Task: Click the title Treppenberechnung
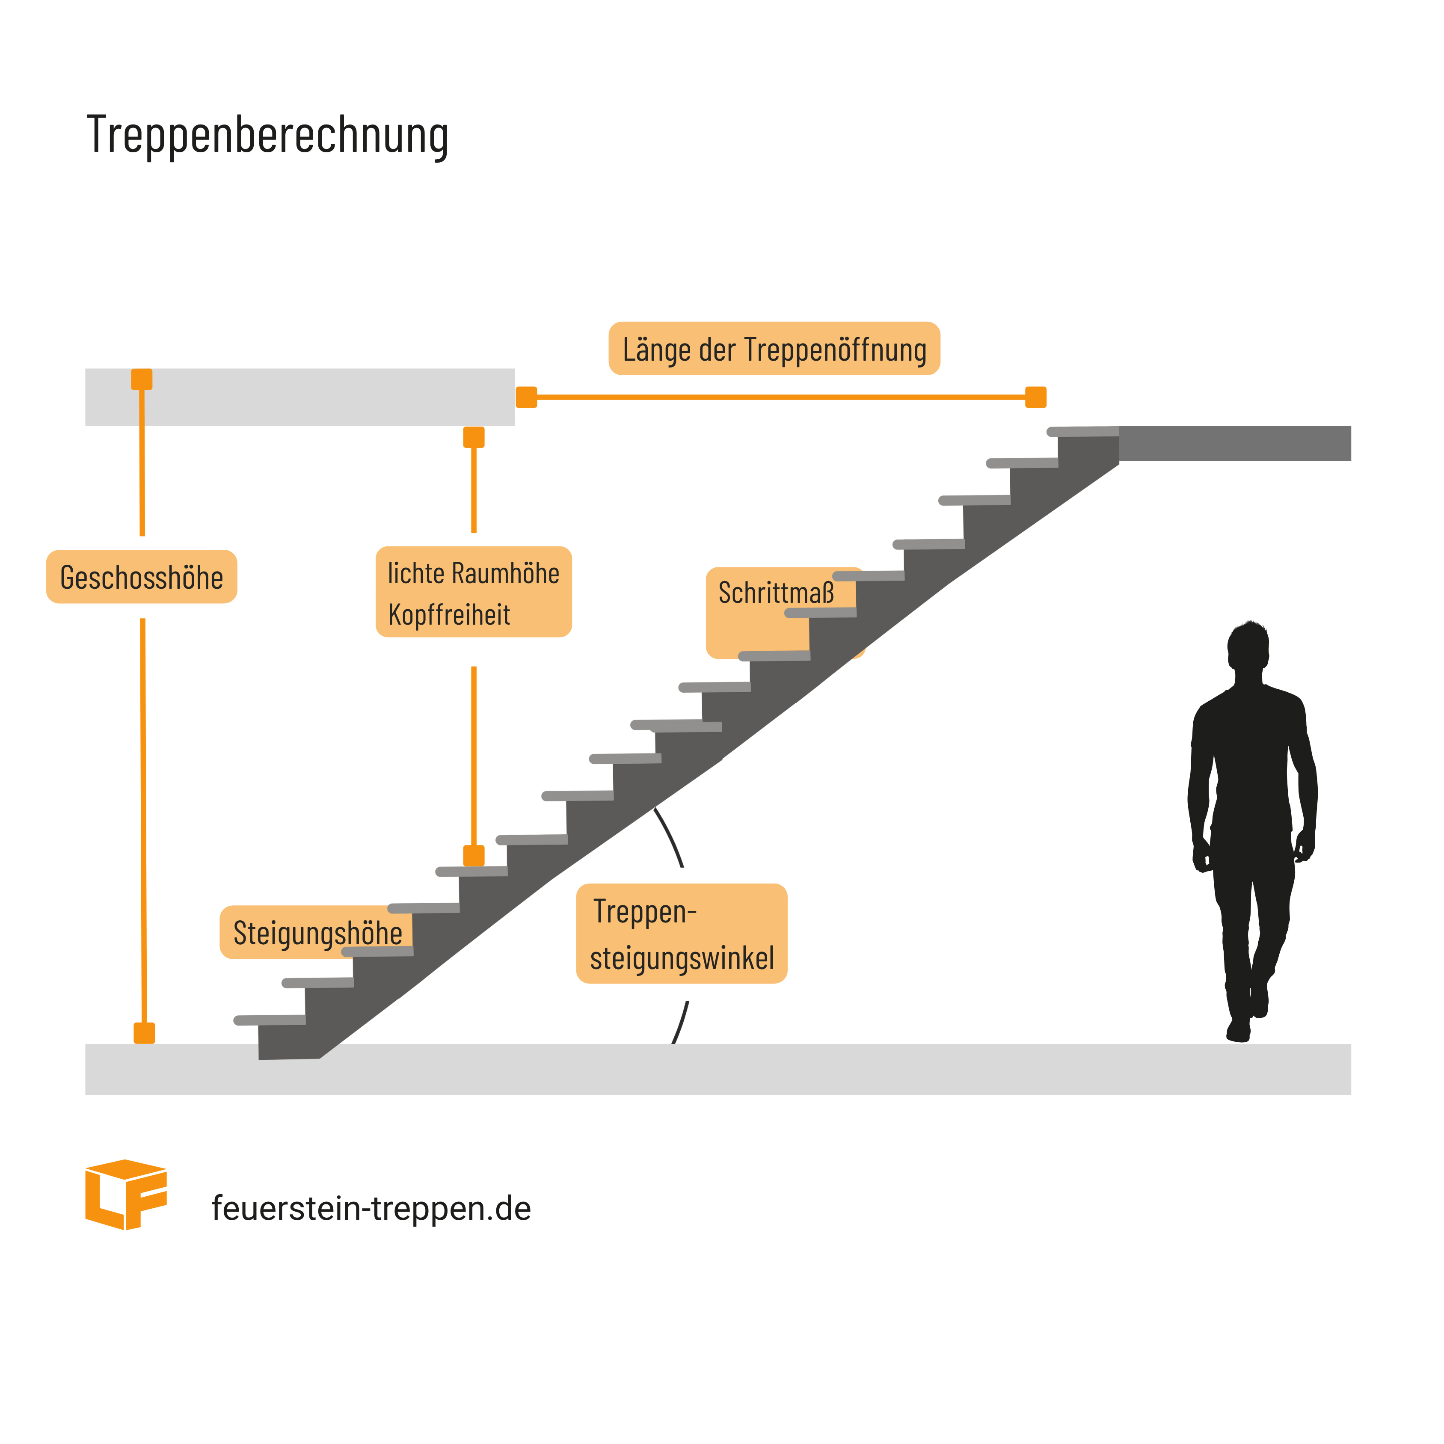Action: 267,135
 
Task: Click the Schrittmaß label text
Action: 775,593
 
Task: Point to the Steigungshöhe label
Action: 317,933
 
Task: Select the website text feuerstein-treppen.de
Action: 371,1209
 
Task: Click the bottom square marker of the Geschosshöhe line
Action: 144,1033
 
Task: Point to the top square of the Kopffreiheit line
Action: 474,437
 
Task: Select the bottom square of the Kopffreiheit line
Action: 474,855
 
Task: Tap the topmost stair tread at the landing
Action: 1083,431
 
